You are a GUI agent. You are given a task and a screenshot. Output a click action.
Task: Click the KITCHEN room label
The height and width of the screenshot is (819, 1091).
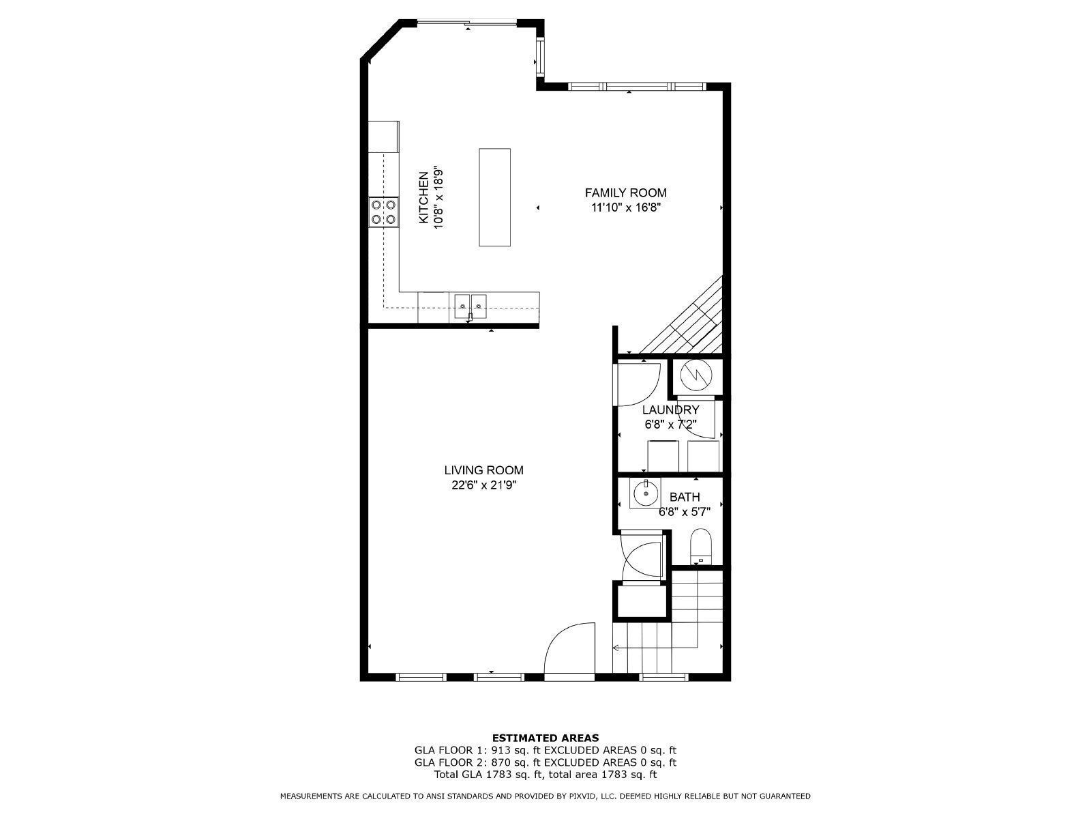click(423, 197)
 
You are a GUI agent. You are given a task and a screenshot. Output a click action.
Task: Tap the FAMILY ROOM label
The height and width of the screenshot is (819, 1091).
click(625, 193)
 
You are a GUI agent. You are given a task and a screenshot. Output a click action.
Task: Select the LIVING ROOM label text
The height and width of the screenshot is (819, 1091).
click(483, 470)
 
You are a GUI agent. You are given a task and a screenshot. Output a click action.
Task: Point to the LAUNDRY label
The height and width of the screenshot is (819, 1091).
click(670, 409)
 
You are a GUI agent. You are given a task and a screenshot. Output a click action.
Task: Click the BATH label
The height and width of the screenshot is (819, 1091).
click(685, 497)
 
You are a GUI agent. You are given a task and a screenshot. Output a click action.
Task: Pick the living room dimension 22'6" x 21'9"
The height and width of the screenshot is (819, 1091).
click(483, 485)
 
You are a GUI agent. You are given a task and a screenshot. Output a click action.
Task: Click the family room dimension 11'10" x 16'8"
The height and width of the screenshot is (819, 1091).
click(625, 207)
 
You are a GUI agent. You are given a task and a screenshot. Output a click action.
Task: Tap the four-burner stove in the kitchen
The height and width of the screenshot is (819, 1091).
click(384, 212)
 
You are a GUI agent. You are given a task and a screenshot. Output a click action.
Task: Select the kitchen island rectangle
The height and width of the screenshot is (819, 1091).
click(494, 197)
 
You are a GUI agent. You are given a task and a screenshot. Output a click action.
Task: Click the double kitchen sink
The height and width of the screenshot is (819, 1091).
click(470, 306)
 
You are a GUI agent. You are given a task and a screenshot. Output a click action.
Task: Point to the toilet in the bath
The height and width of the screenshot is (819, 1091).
click(702, 547)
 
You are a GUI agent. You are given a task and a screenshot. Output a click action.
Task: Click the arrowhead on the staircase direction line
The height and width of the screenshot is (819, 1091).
click(615, 648)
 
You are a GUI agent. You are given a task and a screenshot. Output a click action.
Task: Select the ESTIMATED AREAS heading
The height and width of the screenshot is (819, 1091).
click(545, 738)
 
